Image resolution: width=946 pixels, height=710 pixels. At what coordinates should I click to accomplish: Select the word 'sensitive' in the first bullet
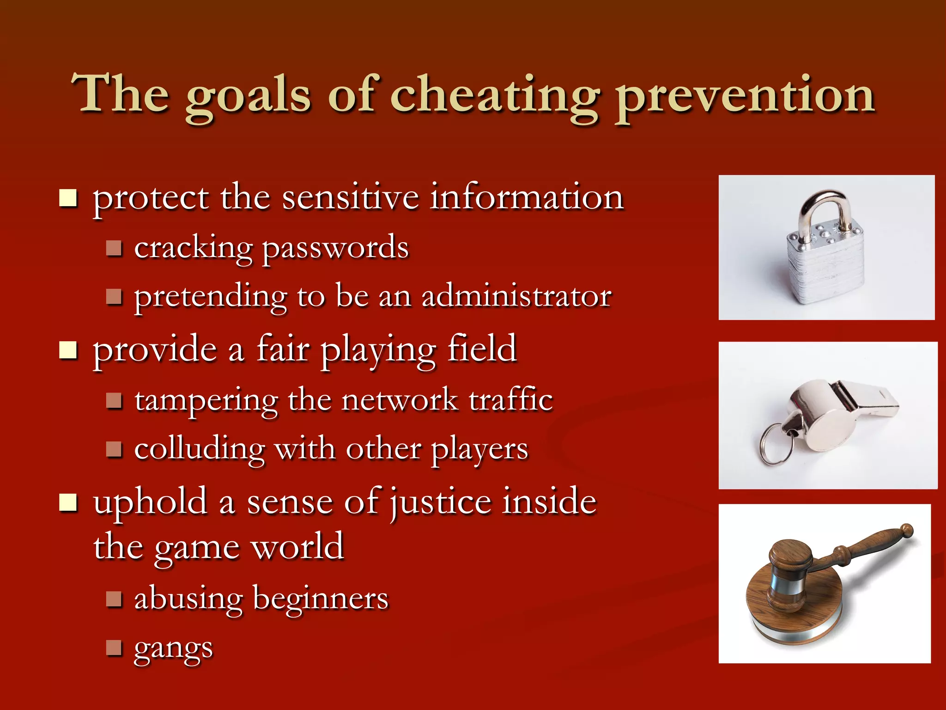click(350, 197)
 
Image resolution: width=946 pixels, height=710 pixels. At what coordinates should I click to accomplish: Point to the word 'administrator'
click(516, 297)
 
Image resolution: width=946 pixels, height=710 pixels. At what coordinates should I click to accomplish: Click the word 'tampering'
click(206, 400)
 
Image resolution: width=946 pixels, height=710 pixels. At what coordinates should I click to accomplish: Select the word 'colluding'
click(200, 449)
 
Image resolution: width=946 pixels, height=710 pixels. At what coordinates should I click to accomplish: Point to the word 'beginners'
click(321, 600)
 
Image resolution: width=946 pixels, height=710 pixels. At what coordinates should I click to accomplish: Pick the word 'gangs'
click(173, 649)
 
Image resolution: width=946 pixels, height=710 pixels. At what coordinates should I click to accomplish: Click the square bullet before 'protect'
click(68, 198)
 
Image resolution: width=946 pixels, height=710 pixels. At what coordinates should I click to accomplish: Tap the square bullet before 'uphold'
click(68, 503)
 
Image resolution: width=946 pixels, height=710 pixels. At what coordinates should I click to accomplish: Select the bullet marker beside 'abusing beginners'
click(114, 599)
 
